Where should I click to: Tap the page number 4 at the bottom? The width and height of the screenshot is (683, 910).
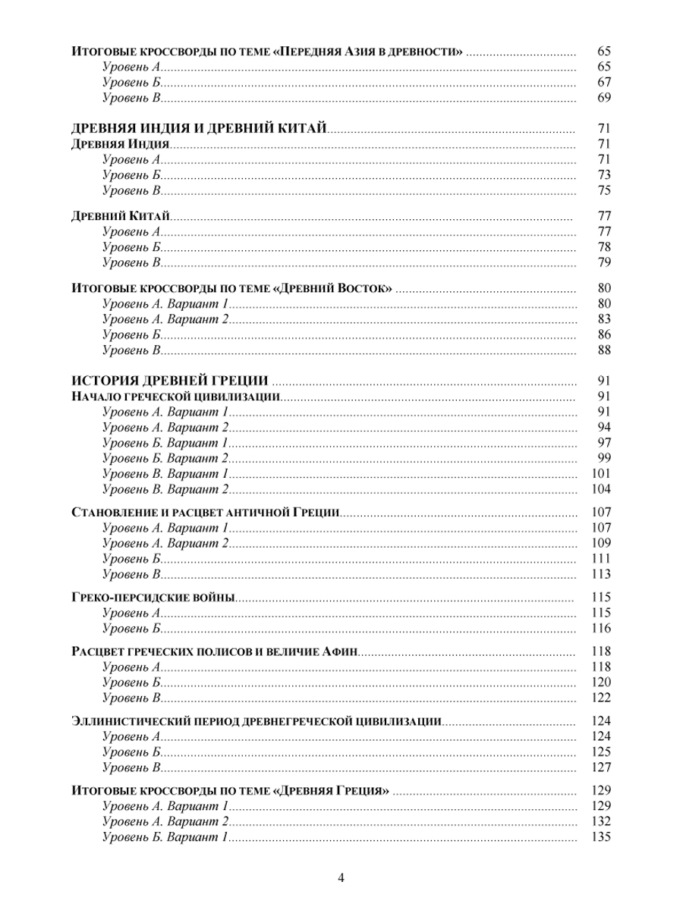[x=341, y=878]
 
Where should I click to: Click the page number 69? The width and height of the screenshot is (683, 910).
[x=604, y=98]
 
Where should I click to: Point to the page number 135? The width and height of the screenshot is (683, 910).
[x=601, y=838]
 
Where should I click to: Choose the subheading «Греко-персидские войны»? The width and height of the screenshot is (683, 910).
[x=153, y=598]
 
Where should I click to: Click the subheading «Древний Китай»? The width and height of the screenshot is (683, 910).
[x=120, y=216]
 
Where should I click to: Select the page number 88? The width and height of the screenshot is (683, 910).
[x=604, y=350]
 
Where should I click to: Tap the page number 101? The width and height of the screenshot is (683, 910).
[x=601, y=473]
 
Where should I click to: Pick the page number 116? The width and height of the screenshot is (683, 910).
[x=601, y=628]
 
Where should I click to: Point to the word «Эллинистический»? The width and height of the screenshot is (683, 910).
[x=124, y=721]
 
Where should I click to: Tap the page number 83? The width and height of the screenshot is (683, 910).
[x=604, y=318]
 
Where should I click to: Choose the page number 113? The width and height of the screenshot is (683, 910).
[x=601, y=573]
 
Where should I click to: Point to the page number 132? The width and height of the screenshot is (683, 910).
[x=601, y=822]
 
